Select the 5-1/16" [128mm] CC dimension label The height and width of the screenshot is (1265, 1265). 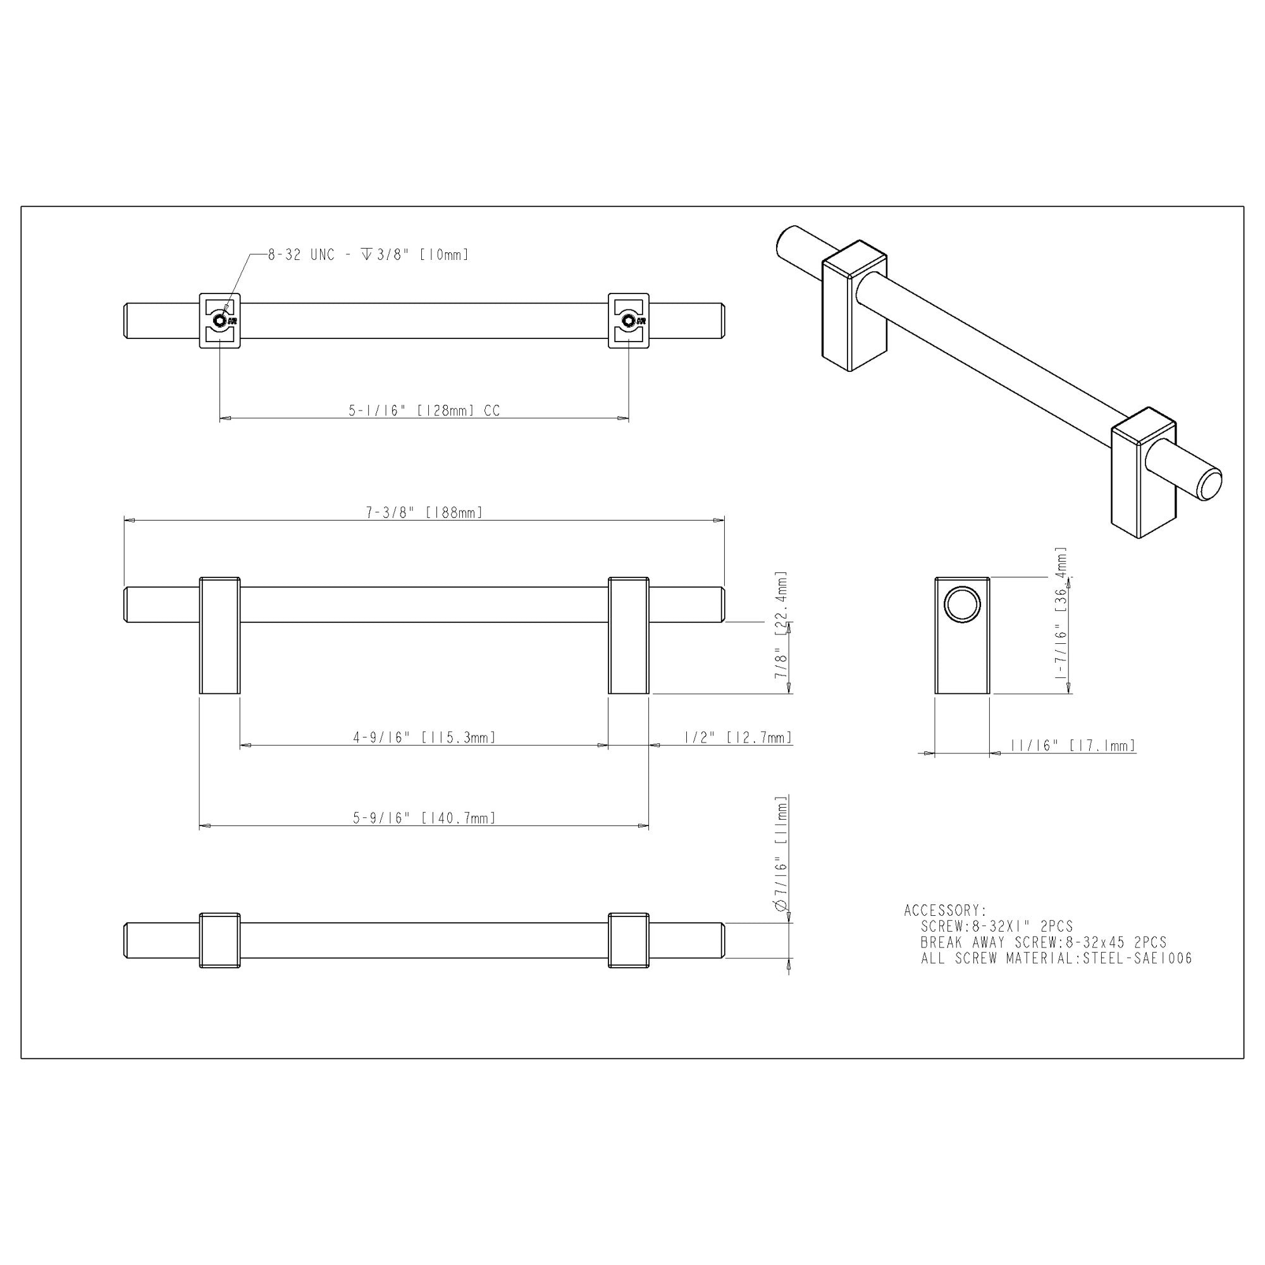pos(424,410)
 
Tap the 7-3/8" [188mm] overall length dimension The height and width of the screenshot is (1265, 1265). pos(424,512)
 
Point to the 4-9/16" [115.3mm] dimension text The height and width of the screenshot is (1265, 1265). pos(424,737)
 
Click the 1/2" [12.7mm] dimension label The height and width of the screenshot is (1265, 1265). pos(738,737)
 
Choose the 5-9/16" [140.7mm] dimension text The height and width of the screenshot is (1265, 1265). pos(424,818)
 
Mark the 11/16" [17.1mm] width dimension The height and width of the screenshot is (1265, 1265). pos(1072,745)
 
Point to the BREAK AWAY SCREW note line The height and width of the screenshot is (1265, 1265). pos(1043,942)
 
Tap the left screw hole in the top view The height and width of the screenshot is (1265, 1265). pos(219,321)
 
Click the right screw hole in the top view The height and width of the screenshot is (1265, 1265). pos(629,321)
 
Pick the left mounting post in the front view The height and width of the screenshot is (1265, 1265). pos(219,635)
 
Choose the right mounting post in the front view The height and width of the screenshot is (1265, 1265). pos(629,635)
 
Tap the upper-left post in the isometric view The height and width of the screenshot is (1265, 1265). pos(851,308)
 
